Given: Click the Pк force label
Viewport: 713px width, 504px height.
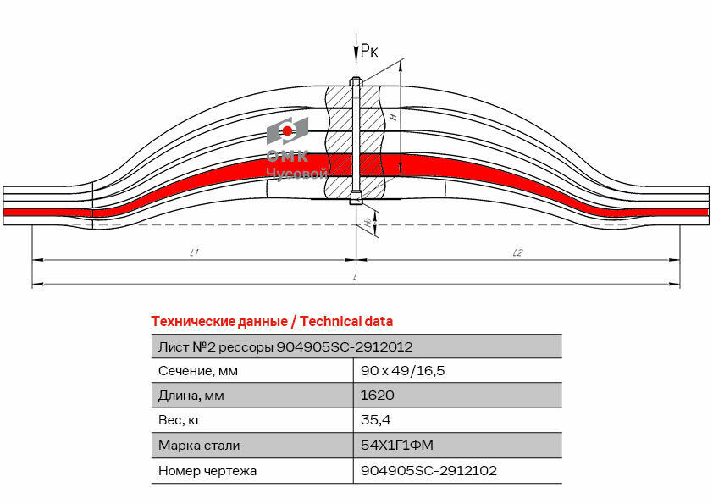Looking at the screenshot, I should (x=369, y=52).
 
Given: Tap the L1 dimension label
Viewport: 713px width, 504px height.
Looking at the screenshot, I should (x=194, y=252).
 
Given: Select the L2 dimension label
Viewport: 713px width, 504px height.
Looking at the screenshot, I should (x=517, y=252).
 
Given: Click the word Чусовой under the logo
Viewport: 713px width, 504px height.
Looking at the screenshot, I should (x=296, y=174).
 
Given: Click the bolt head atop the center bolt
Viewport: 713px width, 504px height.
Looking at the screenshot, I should (x=356, y=82).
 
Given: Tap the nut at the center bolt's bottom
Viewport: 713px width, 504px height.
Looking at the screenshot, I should (x=356, y=199).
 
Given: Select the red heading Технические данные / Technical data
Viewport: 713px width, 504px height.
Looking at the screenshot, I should (x=271, y=321).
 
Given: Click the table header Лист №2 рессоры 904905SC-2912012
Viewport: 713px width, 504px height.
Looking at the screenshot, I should (x=285, y=346).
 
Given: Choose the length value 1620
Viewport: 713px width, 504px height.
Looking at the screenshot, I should (x=377, y=396).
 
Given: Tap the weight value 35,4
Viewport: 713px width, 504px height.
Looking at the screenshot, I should (x=375, y=420).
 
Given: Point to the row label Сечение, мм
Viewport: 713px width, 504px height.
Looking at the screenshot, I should (x=198, y=371).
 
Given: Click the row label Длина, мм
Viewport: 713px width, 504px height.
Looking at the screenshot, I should (x=192, y=396).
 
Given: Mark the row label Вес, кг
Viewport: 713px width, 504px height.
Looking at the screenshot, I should (x=180, y=420).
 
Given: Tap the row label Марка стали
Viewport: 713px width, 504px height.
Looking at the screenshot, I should (x=199, y=445).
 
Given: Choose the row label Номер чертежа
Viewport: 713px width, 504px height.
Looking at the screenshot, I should (x=207, y=470).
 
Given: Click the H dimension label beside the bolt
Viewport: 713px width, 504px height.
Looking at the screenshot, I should (x=395, y=118).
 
